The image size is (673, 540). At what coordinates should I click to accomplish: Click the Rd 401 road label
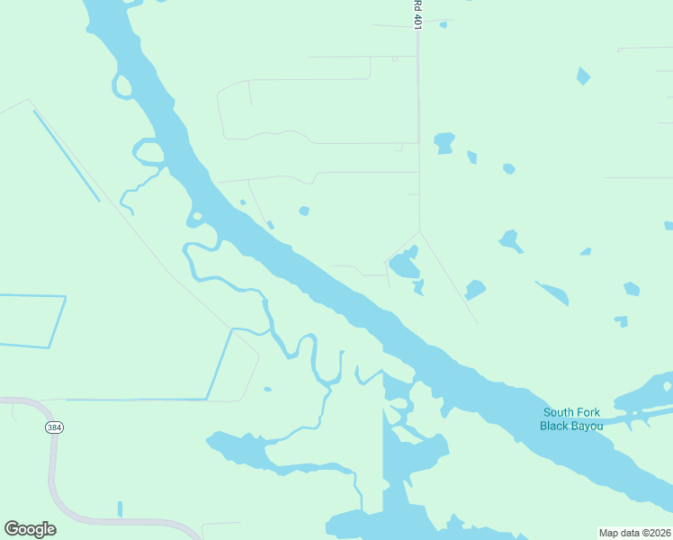click(418, 15)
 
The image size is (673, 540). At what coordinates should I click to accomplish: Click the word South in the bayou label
click(560, 413)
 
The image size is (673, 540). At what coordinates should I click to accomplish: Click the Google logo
click(30, 529)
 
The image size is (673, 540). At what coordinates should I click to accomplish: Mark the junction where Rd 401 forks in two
click(419, 231)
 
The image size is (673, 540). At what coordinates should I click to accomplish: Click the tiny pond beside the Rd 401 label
click(444, 24)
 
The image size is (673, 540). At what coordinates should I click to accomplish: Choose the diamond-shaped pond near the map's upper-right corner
click(584, 76)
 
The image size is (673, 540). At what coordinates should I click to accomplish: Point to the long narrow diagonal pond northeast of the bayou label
click(552, 293)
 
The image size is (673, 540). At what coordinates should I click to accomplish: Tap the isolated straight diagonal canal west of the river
click(67, 155)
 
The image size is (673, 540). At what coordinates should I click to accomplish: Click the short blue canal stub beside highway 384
click(120, 508)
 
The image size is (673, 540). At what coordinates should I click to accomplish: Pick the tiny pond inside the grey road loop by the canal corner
click(266, 390)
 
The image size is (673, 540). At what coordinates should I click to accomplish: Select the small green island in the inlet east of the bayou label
click(667, 387)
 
